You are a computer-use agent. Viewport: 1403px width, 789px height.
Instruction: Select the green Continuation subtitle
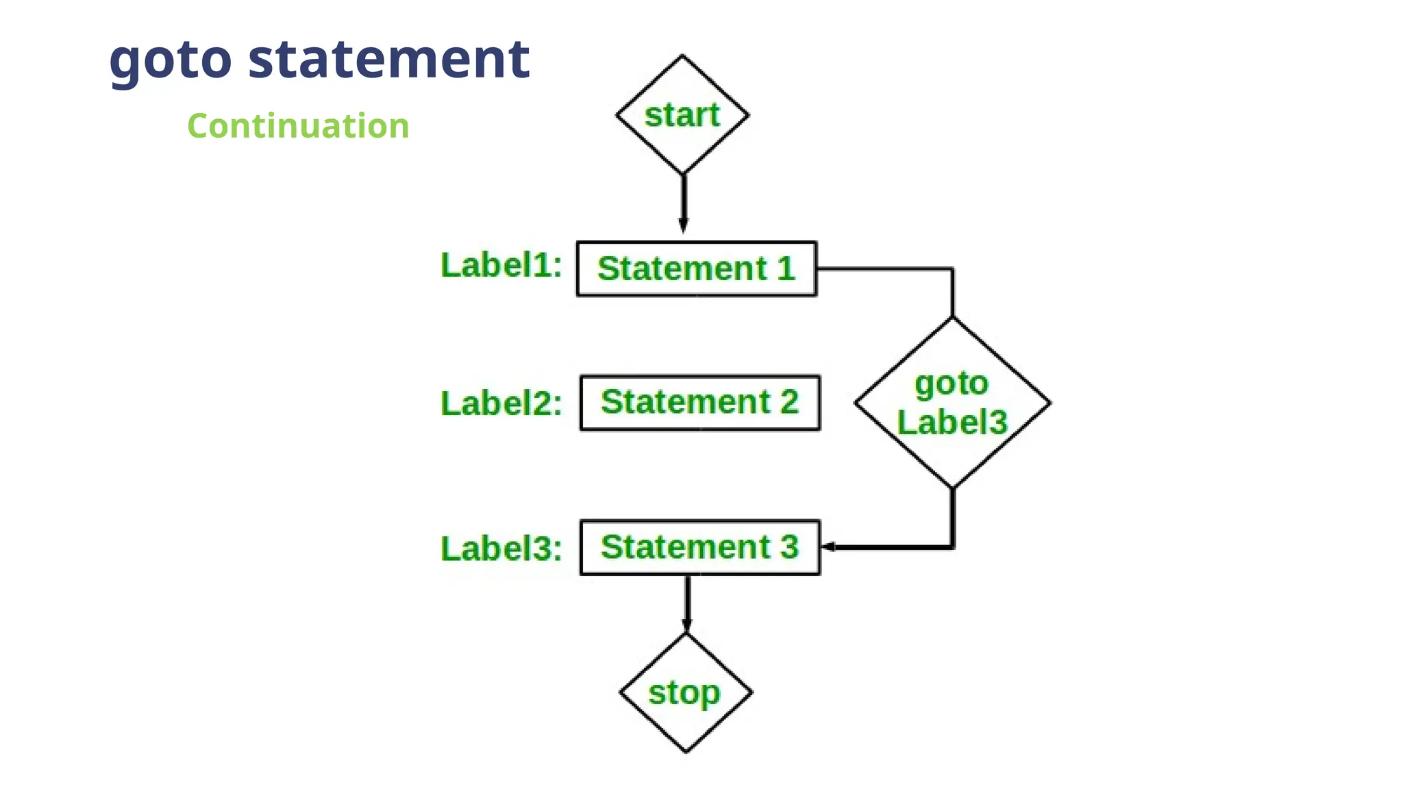click(298, 126)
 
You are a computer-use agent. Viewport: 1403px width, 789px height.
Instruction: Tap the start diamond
click(682, 114)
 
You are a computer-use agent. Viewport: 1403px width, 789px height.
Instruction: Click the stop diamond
click(686, 692)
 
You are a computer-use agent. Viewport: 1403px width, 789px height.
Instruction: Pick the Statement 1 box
click(696, 268)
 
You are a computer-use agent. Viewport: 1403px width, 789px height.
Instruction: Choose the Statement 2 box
click(699, 403)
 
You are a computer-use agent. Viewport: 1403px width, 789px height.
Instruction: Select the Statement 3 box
click(699, 547)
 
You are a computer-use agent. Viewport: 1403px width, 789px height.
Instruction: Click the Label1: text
click(501, 266)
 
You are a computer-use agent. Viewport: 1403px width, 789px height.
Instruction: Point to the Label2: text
click(501, 403)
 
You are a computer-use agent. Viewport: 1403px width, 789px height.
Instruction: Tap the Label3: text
click(501, 549)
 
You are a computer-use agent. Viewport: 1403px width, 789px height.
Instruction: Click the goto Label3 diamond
click(952, 403)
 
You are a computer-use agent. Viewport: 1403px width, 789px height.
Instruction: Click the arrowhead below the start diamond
click(683, 225)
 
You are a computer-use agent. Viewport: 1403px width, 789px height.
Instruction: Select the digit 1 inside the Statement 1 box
click(786, 268)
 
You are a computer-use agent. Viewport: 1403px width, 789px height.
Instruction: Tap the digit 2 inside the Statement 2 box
click(789, 402)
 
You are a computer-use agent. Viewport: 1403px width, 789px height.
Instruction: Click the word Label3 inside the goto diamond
click(952, 422)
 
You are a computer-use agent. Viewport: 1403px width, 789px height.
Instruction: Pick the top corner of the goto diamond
click(952, 318)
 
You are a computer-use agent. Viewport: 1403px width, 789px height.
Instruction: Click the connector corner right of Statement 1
click(952, 269)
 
